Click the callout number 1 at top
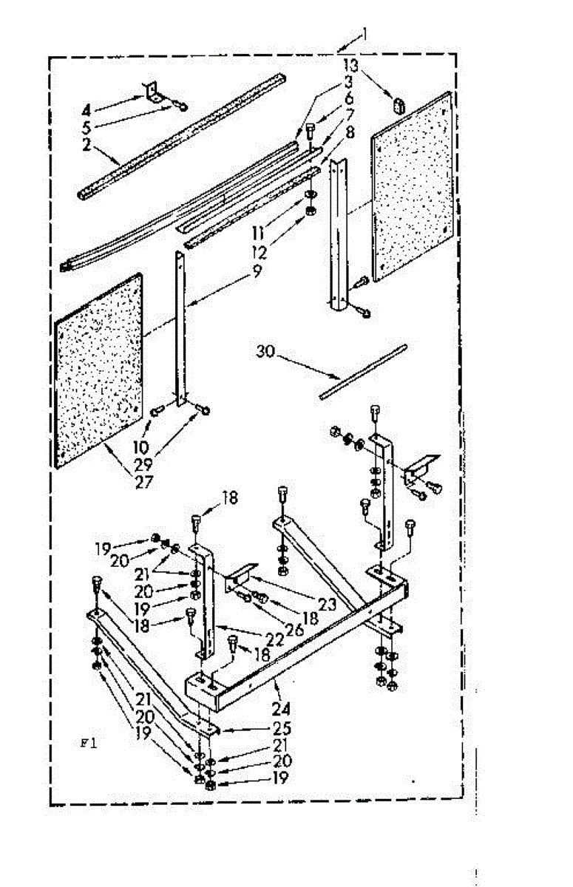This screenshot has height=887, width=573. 364,34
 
